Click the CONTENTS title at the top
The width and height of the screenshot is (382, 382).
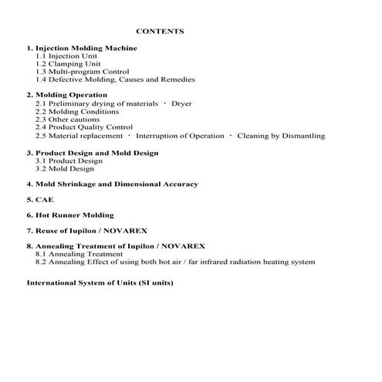coord(160,32)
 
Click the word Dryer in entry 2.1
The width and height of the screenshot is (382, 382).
coord(181,103)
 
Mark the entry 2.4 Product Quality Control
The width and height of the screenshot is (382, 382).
coord(84,127)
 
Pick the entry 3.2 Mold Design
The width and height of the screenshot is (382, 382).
coord(65,168)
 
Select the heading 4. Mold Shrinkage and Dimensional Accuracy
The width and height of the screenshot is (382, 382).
coord(112,184)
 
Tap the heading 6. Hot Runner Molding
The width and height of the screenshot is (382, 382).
coord(70,215)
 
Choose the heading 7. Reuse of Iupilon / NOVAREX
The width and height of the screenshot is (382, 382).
coord(86,231)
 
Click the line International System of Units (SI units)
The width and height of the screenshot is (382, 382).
coord(100,282)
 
